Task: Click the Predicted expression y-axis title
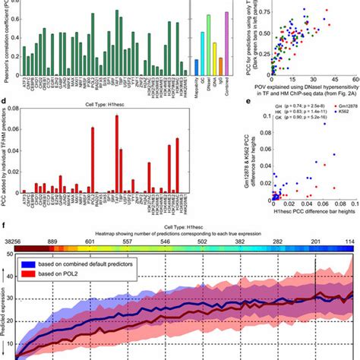[7, 311]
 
